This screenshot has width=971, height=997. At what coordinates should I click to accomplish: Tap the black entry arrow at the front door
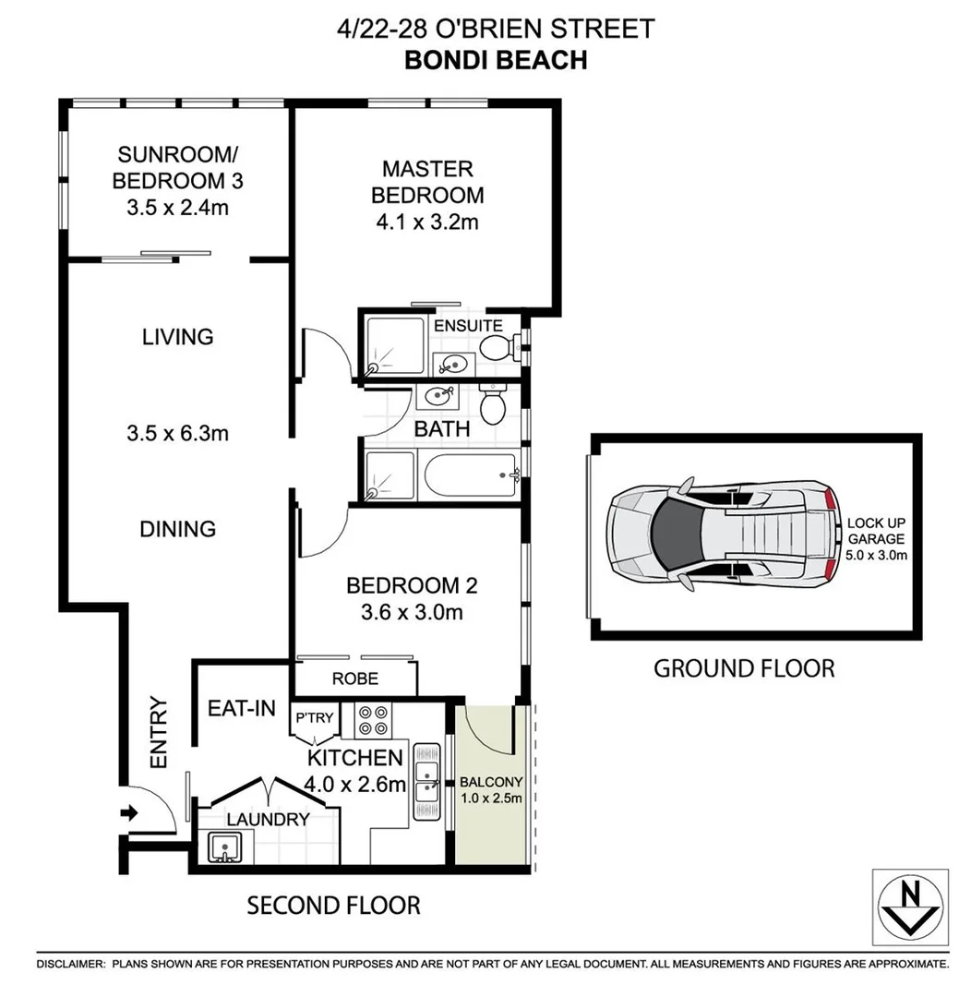point(129,813)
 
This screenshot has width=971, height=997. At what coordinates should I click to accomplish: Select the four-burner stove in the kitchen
point(374,720)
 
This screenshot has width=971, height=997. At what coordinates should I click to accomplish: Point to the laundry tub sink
point(224,847)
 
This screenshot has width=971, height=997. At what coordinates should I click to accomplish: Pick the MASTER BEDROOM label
point(426,182)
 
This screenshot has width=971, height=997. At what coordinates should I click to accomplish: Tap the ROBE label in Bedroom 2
point(355,679)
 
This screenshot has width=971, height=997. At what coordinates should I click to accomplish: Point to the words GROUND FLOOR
point(743,667)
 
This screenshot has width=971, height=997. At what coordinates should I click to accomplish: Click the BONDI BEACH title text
point(496,60)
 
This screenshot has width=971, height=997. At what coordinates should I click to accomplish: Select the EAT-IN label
point(242,708)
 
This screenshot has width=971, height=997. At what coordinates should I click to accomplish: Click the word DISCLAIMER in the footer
point(70,964)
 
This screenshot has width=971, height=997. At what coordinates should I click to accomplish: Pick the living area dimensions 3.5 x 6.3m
point(178,432)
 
